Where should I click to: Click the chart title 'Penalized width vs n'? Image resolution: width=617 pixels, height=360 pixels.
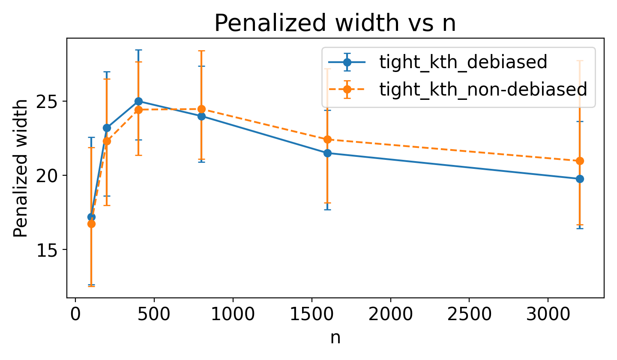click(x=335, y=24)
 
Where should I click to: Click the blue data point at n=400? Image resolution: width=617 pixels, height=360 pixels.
click(x=138, y=101)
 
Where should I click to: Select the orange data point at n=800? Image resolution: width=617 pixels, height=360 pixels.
click(x=201, y=109)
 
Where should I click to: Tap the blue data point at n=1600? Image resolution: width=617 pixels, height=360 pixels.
click(x=327, y=153)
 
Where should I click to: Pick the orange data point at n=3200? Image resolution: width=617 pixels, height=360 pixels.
click(x=580, y=161)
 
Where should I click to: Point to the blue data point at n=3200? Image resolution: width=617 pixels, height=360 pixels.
click(x=580, y=179)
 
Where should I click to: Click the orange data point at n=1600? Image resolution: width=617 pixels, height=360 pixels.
click(x=327, y=139)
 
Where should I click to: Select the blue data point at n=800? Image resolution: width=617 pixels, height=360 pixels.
click(x=201, y=116)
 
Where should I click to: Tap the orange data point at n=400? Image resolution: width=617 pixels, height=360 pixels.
click(x=138, y=110)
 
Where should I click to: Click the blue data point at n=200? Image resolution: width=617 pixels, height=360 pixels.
click(x=107, y=128)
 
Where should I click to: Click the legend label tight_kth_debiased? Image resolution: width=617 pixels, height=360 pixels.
click(x=463, y=63)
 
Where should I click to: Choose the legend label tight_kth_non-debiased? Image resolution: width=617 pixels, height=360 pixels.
click(x=483, y=89)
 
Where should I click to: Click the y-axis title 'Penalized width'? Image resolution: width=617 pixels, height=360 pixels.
click(x=20, y=168)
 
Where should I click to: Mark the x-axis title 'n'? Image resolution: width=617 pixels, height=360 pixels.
click(x=335, y=338)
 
